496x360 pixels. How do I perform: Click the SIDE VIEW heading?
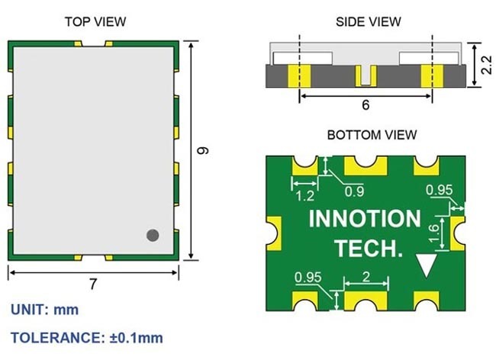(x=368, y=21)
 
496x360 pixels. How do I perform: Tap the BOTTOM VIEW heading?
(x=372, y=135)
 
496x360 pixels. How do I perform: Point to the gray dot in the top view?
(x=153, y=236)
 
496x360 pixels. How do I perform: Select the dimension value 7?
(x=93, y=284)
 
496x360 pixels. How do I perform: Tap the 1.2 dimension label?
(x=304, y=195)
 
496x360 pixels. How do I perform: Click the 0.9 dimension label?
(x=355, y=191)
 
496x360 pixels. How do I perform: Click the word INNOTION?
(x=364, y=219)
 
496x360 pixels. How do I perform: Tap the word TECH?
(x=366, y=248)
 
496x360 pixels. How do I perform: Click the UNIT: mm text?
(x=44, y=310)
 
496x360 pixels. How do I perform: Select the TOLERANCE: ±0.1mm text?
(x=86, y=337)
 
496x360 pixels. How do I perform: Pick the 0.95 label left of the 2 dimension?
(x=308, y=276)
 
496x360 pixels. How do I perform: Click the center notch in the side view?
(x=366, y=76)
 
